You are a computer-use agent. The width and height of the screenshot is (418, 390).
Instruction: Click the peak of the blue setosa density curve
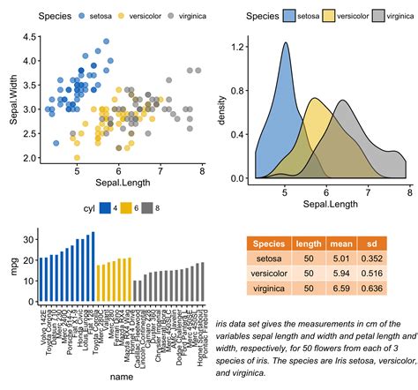click(x=286, y=42)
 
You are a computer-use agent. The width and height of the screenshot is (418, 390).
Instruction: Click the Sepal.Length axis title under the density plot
click(x=328, y=204)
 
